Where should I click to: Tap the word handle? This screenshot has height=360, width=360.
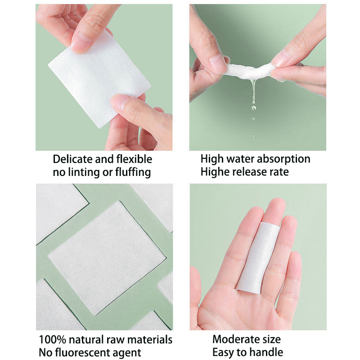click(267, 352)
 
